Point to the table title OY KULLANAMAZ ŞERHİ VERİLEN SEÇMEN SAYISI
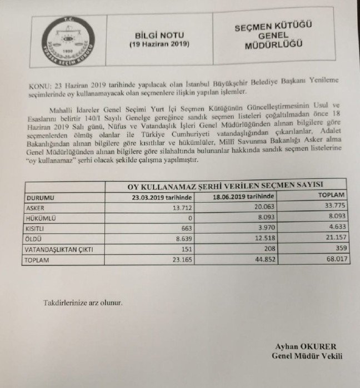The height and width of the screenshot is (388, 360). point(224,187)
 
